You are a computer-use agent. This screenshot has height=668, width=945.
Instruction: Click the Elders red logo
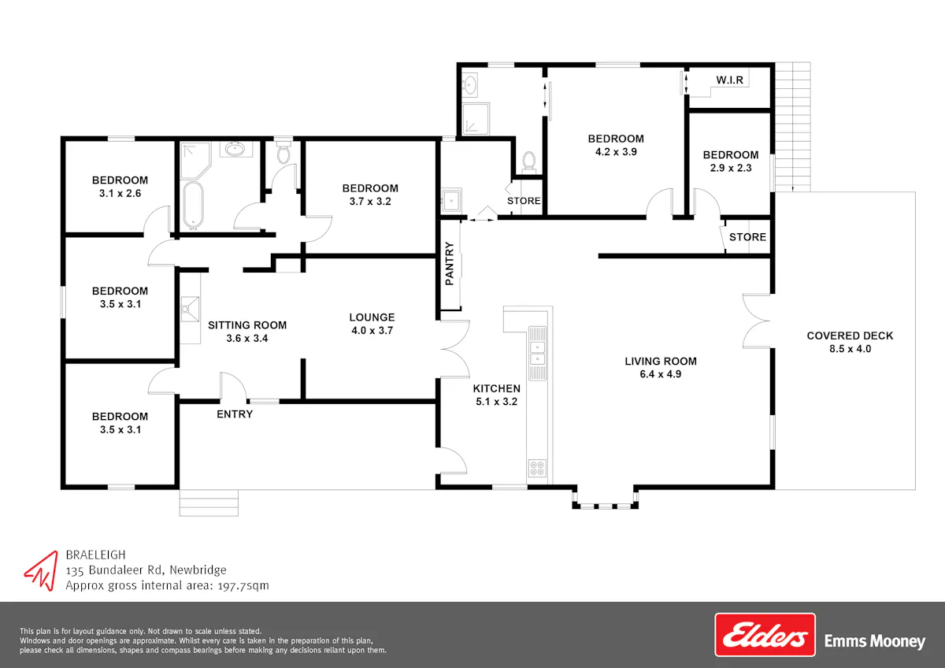click(x=765, y=635)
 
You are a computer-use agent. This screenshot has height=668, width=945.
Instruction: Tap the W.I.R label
click(x=729, y=80)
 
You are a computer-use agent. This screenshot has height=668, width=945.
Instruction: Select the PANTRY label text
click(x=450, y=263)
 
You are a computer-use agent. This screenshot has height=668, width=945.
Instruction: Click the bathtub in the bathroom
click(x=194, y=205)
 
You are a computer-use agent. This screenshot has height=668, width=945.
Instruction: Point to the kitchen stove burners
click(x=537, y=468)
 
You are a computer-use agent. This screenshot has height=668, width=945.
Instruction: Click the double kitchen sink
click(x=537, y=353)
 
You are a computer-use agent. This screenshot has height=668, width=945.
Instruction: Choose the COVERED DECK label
click(x=850, y=336)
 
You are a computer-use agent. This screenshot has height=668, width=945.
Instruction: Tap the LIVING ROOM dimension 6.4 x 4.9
click(x=661, y=374)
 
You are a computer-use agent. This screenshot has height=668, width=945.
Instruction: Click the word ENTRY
click(x=235, y=414)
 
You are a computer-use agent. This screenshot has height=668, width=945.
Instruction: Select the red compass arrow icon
click(x=43, y=570)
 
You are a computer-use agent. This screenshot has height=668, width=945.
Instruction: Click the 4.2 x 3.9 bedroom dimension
click(x=616, y=151)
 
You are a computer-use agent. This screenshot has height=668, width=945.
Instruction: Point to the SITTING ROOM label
click(x=247, y=325)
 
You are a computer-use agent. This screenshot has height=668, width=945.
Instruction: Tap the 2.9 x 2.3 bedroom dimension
click(x=731, y=168)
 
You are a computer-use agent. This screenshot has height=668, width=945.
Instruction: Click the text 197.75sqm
click(x=243, y=586)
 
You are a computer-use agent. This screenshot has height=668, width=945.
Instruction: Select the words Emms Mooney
click(x=875, y=641)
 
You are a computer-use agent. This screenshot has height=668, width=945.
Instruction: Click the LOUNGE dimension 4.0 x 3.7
click(x=372, y=330)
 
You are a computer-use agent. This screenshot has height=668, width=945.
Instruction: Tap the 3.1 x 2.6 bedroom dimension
click(x=120, y=193)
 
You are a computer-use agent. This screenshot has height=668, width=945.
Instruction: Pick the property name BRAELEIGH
click(x=96, y=555)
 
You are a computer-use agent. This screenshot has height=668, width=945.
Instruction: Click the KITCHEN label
click(x=497, y=388)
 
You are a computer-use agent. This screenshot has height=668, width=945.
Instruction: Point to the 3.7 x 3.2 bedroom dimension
click(x=370, y=202)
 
